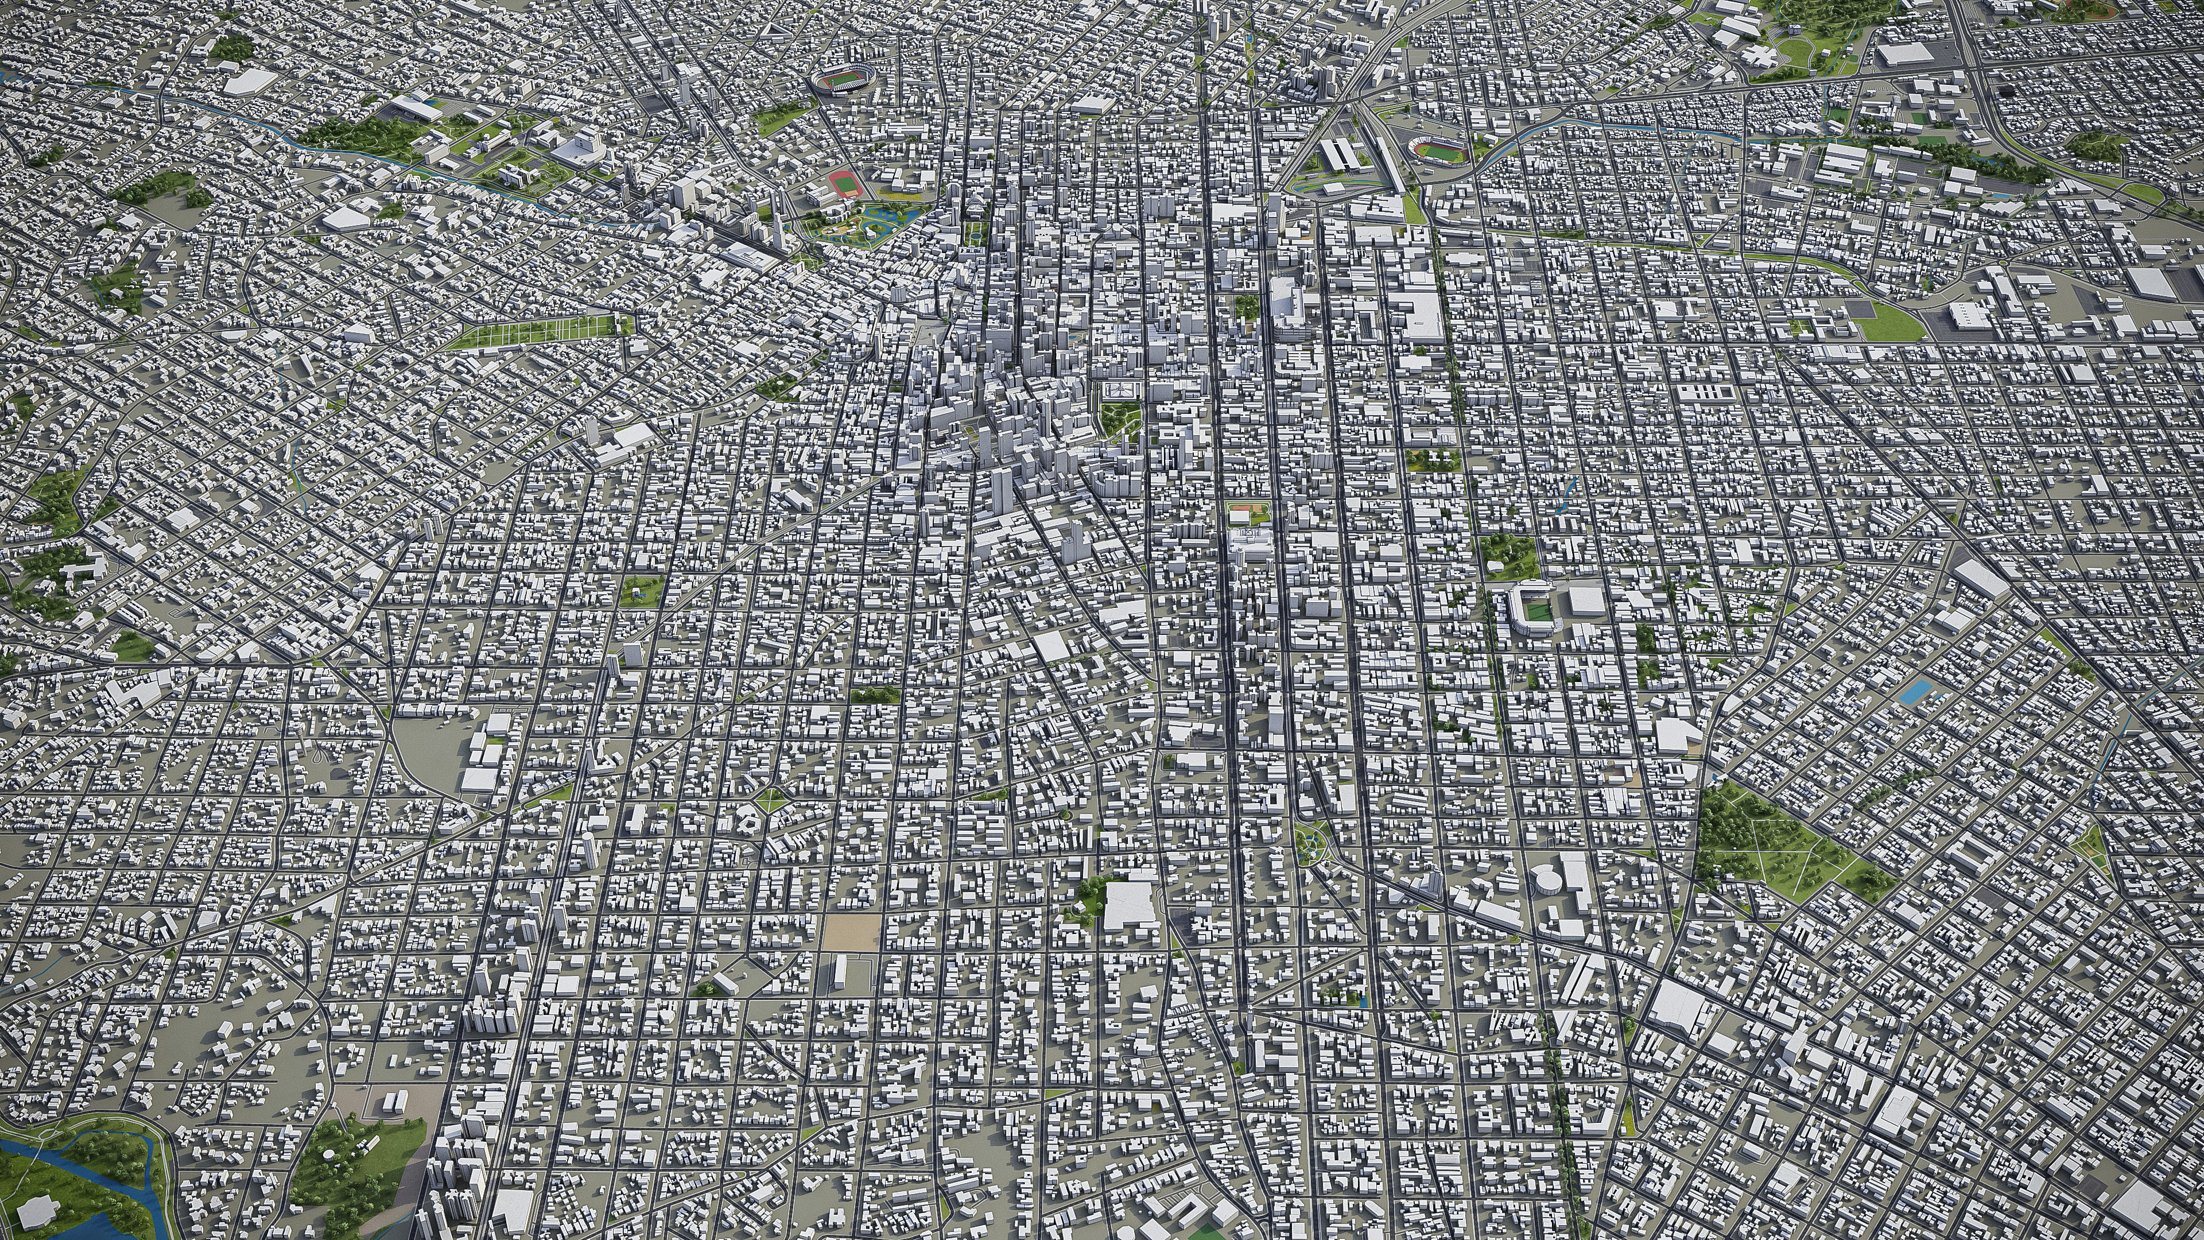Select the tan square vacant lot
[x=851, y=932]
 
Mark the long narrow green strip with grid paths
[x=539, y=331]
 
